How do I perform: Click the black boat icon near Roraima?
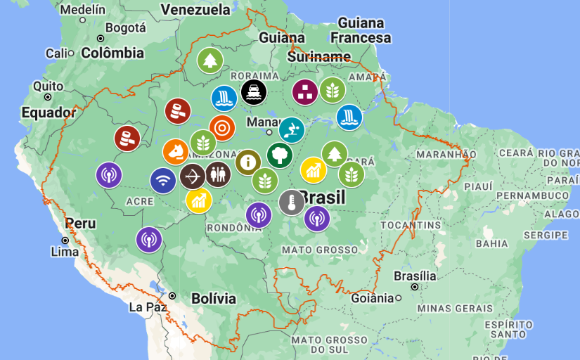[x=253, y=91]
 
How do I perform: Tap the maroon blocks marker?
[x=305, y=91]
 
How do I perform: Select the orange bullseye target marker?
[x=222, y=128]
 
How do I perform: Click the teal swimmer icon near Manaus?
[x=292, y=129]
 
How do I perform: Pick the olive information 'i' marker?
[x=247, y=162]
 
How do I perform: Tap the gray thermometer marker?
[x=291, y=202]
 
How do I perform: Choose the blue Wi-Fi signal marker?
[x=163, y=181]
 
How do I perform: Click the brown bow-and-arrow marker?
[x=192, y=176]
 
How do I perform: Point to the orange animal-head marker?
[x=176, y=151]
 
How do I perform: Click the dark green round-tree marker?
[x=280, y=155]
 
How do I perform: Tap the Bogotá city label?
[x=125, y=28]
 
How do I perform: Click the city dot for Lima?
[x=65, y=240]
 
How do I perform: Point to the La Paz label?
[x=146, y=307]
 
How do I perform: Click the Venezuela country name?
[x=195, y=9]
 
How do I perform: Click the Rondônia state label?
[x=235, y=227]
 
